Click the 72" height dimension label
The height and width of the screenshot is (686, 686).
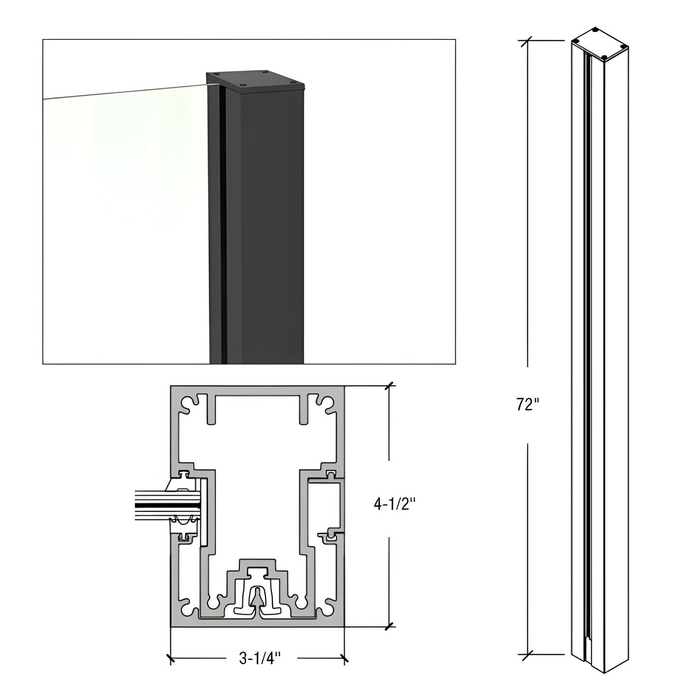coord(527,405)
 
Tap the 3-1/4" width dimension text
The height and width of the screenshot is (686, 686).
coord(260,658)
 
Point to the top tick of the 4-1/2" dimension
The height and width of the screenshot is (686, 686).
coord(389,386)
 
